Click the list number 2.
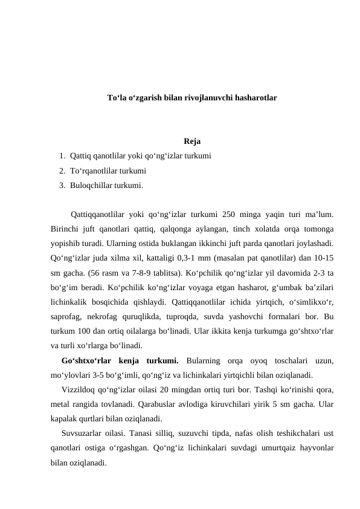(x=62, y=171)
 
